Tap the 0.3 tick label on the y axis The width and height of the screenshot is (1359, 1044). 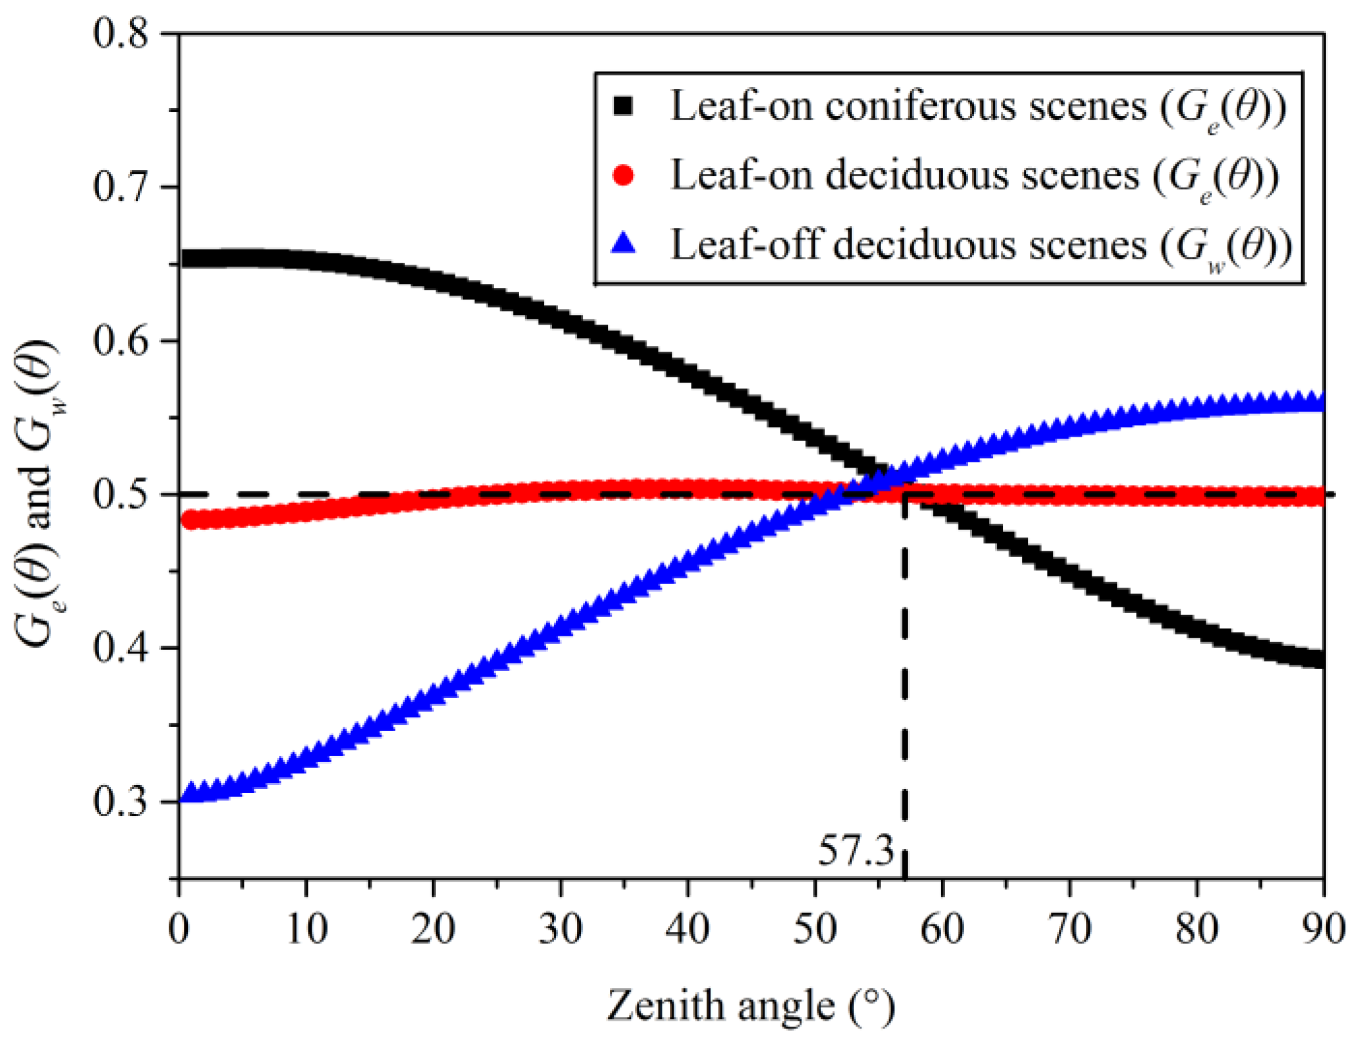tap(120, 802)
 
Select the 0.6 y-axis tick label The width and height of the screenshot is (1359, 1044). tap(120, 341)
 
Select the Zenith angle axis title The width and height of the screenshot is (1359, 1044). tap(750, 1005)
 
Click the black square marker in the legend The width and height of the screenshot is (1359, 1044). tap(623, 106)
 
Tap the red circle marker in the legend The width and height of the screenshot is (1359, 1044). tap(623, 175)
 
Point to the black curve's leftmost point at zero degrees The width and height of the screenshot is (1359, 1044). tap(184, 260)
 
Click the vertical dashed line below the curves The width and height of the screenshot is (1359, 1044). tap(904, 676)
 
